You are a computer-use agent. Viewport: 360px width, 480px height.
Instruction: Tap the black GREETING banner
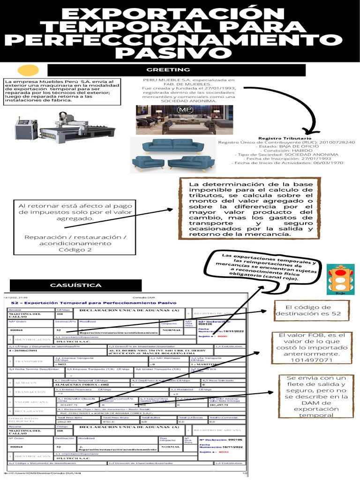[162, 70]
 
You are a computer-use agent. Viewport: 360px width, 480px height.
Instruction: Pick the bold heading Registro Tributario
[285, 138]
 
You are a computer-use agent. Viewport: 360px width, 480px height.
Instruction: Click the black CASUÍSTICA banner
[76, 285]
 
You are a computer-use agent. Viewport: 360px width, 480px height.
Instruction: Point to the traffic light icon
[337, 279]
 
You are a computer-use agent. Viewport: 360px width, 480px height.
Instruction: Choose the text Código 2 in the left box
[75, 250]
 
